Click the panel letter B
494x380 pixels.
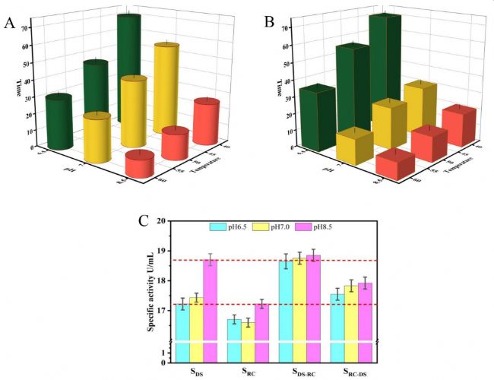[x=268, y=23]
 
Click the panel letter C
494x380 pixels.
[x=142, y=221]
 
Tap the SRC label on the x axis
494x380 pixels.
[x=249, y=372]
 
